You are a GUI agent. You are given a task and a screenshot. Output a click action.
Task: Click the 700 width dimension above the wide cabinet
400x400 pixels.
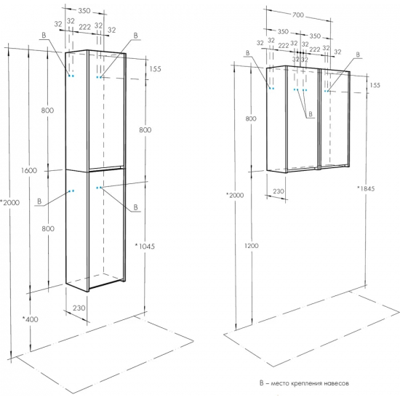tap(298, 15)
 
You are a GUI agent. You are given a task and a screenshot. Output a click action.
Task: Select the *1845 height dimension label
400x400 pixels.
tap(366, 188)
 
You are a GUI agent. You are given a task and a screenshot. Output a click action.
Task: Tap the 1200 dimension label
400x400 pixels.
tap(252, 246)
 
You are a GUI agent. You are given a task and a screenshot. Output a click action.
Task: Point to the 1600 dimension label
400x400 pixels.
tap(29, 170)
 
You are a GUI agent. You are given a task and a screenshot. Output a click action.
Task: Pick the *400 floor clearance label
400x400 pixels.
tap(30, 319)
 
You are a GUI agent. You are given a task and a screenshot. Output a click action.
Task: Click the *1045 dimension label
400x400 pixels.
tap(145, 246)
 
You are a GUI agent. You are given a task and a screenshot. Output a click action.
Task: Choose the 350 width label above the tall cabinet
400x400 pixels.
tap(84, 11)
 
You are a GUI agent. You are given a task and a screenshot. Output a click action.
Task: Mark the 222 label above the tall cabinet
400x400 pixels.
tap(84, 26)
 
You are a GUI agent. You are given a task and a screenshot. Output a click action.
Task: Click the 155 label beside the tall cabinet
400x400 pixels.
tap(156, 69)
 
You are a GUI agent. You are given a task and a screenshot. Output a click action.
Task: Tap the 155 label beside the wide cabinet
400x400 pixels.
tap(375, 85)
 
